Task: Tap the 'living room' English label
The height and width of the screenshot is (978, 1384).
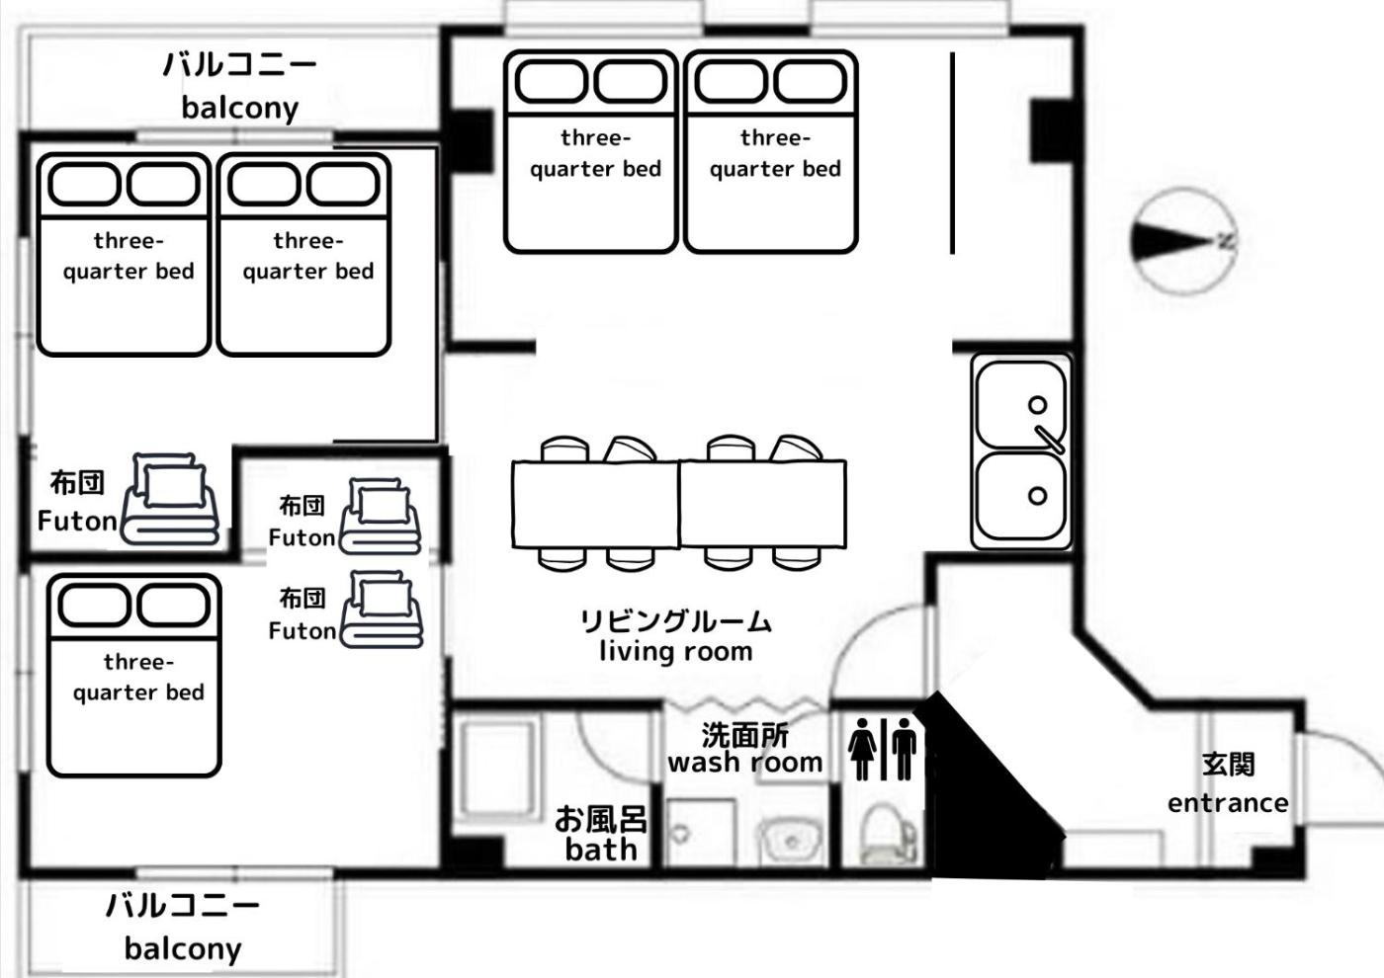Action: point(676,652)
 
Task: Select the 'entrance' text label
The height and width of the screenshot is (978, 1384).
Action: point(1228,803)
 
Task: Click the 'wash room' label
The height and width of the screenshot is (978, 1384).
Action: point(745,763)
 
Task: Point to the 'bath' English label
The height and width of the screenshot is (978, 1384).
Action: point(601,850)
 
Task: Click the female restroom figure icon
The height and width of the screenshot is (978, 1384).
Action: point(862,749)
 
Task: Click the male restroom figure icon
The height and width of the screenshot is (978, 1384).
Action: point(904,749)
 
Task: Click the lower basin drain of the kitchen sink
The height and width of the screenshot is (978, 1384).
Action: point(1037,495)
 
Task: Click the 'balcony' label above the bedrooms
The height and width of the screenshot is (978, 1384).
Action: point(239,109)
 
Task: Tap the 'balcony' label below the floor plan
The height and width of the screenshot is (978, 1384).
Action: point(183,949)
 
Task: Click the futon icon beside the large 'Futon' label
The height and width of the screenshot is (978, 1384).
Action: point(170,499)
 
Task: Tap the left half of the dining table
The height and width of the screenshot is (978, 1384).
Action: point(595,504)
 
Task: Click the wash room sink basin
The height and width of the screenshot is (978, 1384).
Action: point(792,841)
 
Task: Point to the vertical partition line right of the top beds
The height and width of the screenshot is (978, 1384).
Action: point(953,153)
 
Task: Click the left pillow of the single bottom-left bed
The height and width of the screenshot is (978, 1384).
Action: point(94,605)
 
